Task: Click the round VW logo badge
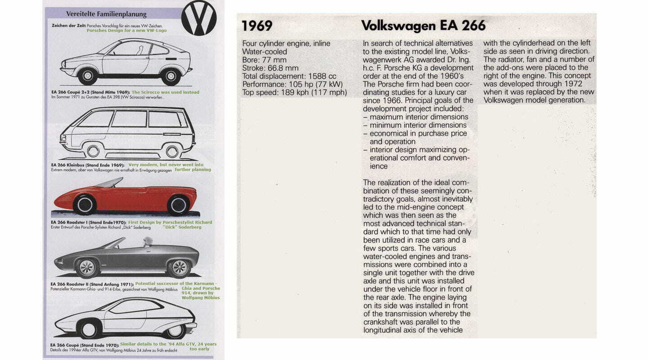pyautogui.click(x=198, y=18)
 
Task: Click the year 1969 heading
pyautogui.click(x=257, y=26)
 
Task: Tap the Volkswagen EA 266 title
pyautogui.click(x=423, y=26)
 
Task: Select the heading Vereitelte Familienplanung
pyautogui.click(x=106, y=14)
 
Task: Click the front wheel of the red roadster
pyautogui.click(x=85, y=204)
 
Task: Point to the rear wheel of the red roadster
pyautogui.click(x=178, y=205)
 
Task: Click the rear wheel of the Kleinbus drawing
pyautogui.click(x=172, y=151)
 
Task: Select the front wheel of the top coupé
pyautogui.click(x=88, y=76)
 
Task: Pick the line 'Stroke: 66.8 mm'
pyautogui.click(x=270, y=68)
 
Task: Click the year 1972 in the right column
pyautogui.click(x=573, y=84)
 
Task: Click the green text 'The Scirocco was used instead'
pyautogui.click(x=165, y=92)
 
